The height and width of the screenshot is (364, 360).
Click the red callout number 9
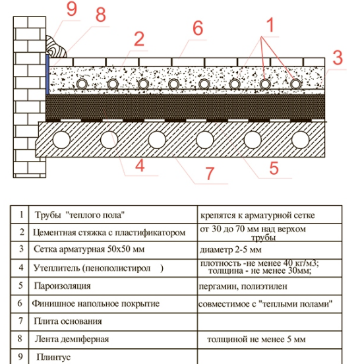(71, 9)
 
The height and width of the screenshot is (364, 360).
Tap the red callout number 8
(101, 15)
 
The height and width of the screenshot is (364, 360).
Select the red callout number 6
(198, 28)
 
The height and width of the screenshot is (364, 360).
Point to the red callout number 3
(338, 57)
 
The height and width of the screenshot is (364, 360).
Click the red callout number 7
(210, 173)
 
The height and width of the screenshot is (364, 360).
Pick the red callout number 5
(274, 168)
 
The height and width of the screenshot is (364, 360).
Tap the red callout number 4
(140, 166)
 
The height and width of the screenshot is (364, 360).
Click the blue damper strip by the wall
(47, 75)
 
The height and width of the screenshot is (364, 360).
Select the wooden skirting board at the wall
(56, 47)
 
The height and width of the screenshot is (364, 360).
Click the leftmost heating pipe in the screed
(82, 84)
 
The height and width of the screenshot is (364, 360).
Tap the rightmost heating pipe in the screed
(295, 84)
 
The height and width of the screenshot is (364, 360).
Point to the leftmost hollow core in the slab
(61, 140)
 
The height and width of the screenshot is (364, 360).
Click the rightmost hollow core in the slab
(301, 140)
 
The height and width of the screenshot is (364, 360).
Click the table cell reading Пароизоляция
(62, 286)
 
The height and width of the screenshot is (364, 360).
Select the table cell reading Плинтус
(53, 357)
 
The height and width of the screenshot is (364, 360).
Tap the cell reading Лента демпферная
(72, 339)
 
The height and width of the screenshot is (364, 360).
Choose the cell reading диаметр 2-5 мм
(231, 250)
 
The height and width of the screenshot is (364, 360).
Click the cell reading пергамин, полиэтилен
(243, 286)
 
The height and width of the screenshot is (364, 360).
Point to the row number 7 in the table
(20, 321)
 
